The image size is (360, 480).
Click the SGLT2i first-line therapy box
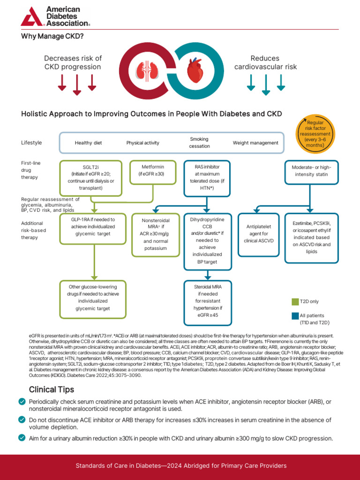pos(90,178)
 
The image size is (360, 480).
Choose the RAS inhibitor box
pos(207,178)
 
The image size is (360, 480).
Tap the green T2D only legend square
pos(295,301)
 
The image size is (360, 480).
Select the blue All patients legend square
pos(295,315)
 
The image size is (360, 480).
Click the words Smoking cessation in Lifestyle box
pos(199,142)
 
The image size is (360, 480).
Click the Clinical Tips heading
pos(51,390)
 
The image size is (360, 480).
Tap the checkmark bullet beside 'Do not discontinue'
pos(22,420)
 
